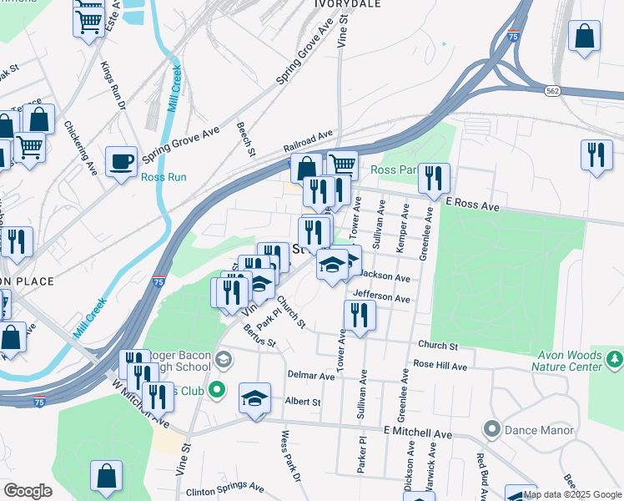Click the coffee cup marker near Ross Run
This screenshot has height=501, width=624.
coord(122,161)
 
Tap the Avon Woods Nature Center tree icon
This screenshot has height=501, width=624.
coord(615,358)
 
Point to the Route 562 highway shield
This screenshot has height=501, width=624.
coord(552,90)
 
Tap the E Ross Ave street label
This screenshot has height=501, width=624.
coord(472,204)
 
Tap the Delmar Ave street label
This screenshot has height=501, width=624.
coord(311,376)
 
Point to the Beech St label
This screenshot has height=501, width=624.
coord(246,139)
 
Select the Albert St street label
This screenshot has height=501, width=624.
coord(303,402)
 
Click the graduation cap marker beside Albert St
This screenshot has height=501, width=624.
coord(255,397)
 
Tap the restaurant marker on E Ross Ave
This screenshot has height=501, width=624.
coord(434,178)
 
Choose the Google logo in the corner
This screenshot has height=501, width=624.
coord(28,491)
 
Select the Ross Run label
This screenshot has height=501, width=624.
coord(164,177)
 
